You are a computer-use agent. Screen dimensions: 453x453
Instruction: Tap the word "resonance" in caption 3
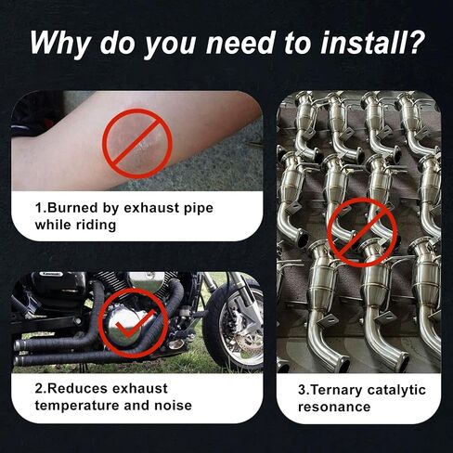coord(334,407)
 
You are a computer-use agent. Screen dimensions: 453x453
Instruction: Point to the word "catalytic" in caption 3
coord(396,390)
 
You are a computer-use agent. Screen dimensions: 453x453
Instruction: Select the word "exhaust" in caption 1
coord(151,208)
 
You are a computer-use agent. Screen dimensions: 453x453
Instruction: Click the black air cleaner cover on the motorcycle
coord(58,285)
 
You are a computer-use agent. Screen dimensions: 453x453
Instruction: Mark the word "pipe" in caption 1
coord(199,209)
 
